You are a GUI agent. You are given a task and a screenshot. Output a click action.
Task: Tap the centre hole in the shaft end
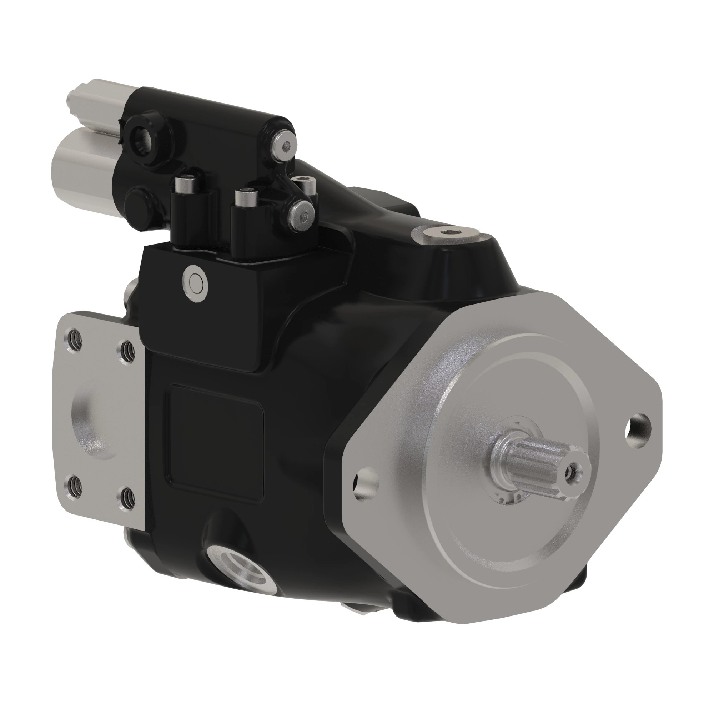(x=572, y=471)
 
